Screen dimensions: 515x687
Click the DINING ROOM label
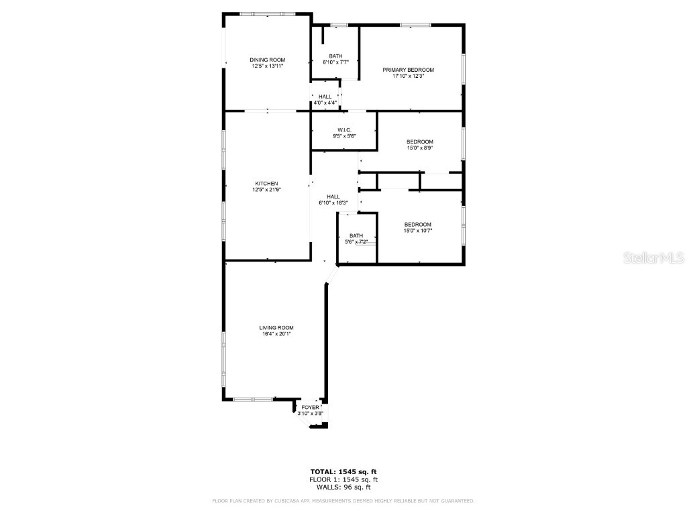[268, 60]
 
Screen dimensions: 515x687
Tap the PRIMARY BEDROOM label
[408, 70]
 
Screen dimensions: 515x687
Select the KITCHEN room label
[266, 184]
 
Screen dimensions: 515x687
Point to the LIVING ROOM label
[276, 327]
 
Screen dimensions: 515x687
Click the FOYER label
[311, 407]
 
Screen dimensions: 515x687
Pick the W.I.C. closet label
[344, 129]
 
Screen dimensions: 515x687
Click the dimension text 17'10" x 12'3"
[408, 76]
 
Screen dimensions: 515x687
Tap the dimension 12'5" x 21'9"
[266, 190]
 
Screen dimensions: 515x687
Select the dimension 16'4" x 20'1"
[276, 334]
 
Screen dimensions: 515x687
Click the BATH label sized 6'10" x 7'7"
[335, 56]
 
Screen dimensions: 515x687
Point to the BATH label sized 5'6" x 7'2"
[356, 235]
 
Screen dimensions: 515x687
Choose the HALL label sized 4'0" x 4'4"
[325, 97]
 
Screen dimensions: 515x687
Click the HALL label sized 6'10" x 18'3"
[333, 196]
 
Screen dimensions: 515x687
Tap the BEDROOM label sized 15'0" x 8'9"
[419, 141]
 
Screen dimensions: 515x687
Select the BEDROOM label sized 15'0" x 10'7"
[417, 224]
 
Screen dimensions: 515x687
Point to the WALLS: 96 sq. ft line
[343, 487]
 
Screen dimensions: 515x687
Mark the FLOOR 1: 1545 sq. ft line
[343, 479]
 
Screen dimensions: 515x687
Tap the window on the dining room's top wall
[267, 13]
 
